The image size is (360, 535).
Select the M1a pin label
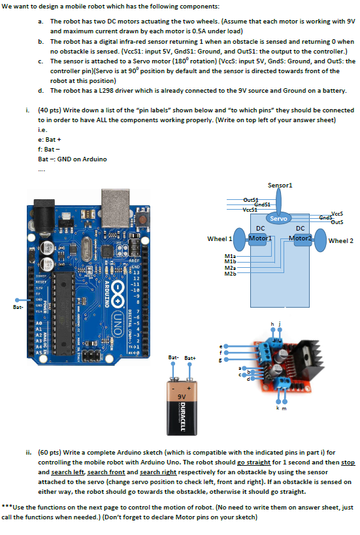230,255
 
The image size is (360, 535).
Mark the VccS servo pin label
337,213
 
